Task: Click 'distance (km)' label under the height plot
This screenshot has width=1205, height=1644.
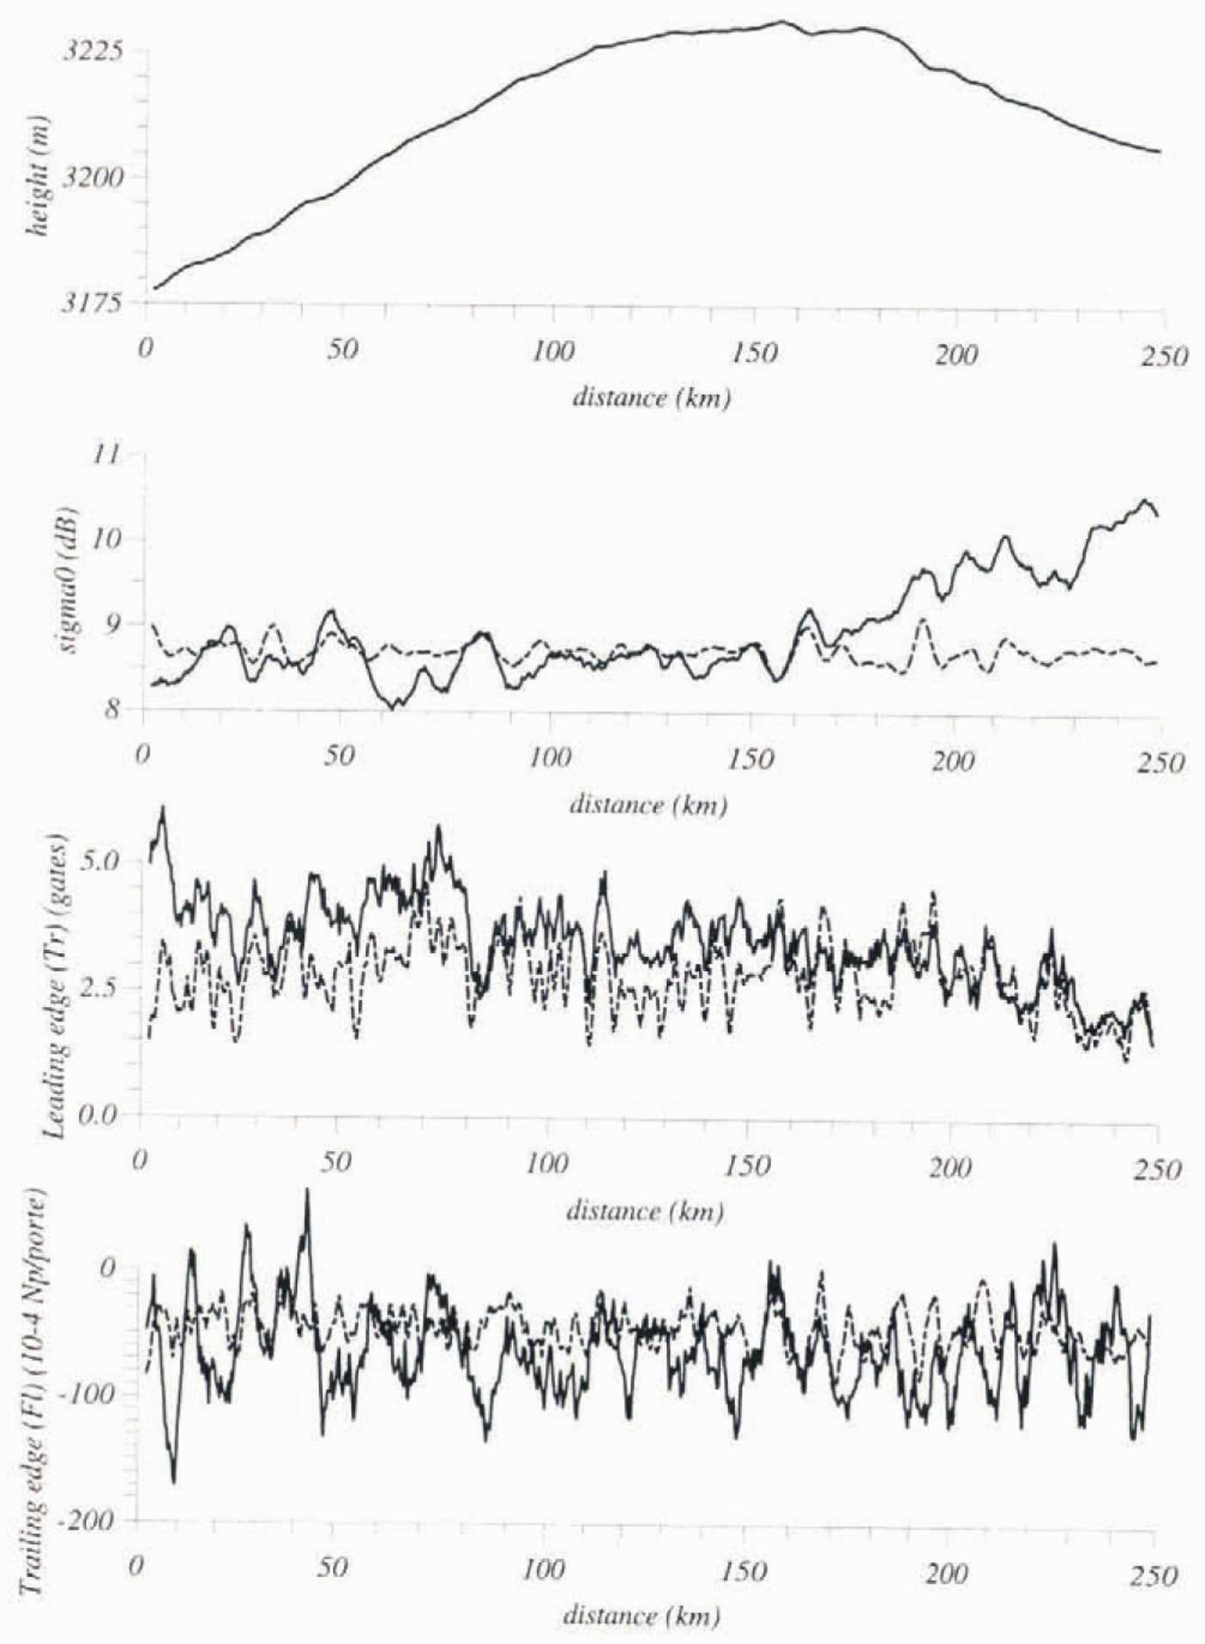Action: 652,398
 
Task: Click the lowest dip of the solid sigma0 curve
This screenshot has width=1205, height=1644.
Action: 394,708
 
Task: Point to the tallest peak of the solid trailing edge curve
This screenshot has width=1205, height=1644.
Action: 307,1191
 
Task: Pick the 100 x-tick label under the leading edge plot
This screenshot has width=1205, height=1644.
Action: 547,1165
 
